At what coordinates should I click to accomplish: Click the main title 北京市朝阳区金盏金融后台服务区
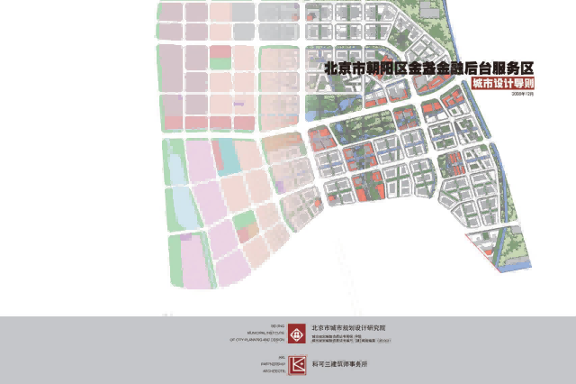pyautogui.click(x=430, y=68)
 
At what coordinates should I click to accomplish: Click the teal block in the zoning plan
pyautogui.click(x=229, y=158)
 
